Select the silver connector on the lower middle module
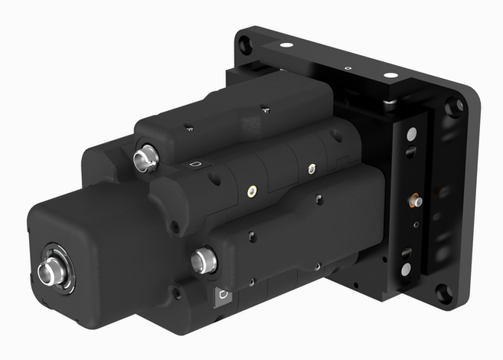(x=203, y=260)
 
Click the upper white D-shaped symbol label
(x=194, y=165)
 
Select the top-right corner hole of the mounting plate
(x=456, y=105)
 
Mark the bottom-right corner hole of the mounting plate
(x=443, y=293)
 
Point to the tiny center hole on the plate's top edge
(x=348, y=68)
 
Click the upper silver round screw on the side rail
(x=412, y=134)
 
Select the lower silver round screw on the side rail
(x=406, y=269)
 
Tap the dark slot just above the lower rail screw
(x=407, y=252)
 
